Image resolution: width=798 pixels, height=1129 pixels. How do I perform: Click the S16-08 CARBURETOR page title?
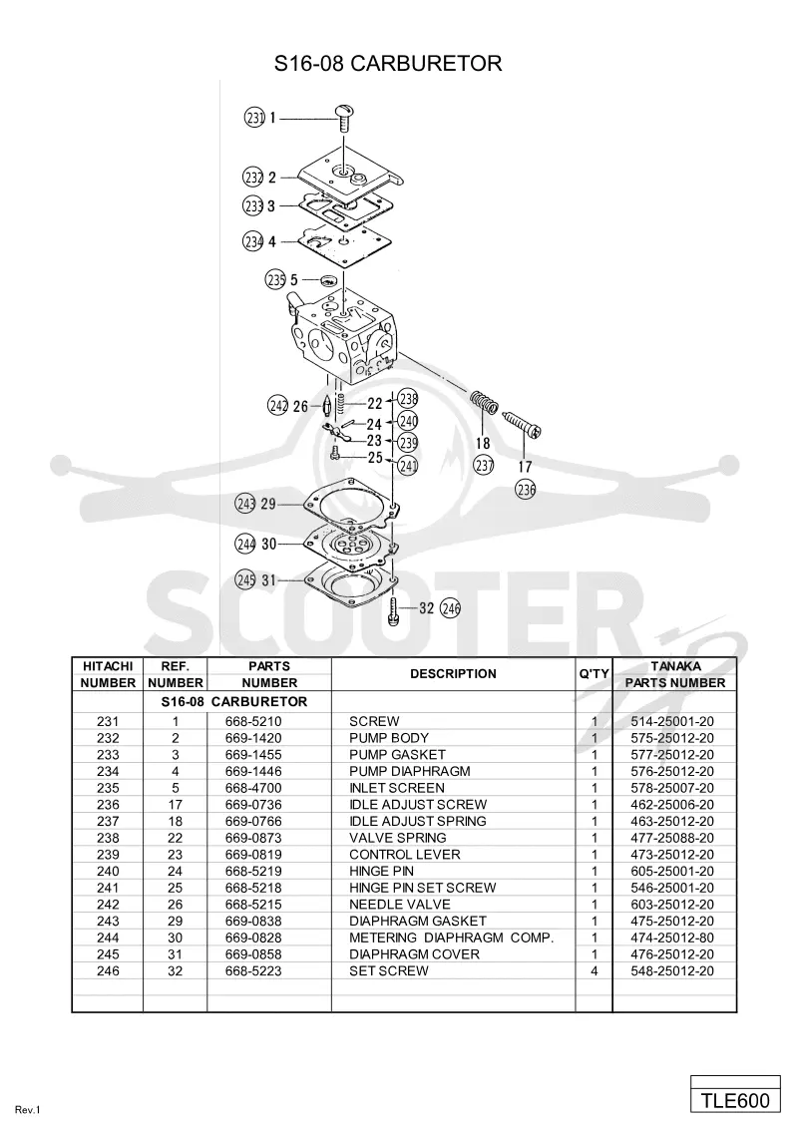click(x=387, y=64)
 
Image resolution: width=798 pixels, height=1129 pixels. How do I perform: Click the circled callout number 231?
click(x=255, y=117)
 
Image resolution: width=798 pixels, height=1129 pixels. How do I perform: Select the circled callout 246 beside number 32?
click(x=450, y=608)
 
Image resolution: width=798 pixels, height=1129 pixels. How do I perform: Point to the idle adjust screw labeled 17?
click(x=522, y=426)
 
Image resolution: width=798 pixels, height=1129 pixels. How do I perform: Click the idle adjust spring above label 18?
click(x=484, y=403)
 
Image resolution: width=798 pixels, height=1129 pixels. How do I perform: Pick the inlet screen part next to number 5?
click(x=329, y=279)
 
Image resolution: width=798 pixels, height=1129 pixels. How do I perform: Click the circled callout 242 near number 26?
click(x=278, y=406)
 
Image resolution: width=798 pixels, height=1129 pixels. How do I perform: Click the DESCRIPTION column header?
click(x=453, y=674)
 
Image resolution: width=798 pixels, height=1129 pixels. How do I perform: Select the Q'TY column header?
click(x=595, y=674)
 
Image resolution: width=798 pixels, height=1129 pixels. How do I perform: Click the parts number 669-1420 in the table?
click(x=253, y=738)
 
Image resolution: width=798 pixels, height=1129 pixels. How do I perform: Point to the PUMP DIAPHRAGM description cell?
click(x=410, y=771)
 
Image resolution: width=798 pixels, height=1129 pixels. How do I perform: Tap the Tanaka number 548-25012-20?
click(x=672, y=970)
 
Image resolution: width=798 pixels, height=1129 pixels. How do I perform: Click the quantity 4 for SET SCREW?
click(x=595, y=970)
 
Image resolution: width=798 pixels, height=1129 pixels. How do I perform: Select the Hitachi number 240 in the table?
click(x=108, y=872)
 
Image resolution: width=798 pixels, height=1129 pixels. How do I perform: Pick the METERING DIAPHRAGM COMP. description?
click(x=452, y=938)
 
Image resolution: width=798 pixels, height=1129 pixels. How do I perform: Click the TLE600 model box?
click(x=735, y=1101)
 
